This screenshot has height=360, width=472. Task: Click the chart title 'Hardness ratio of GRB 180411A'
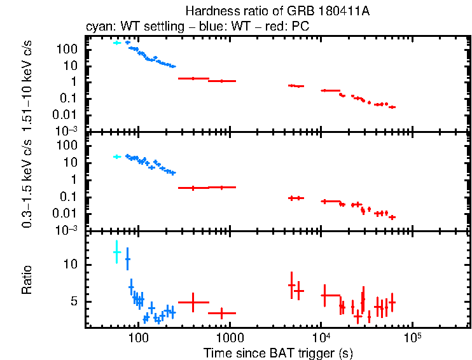pos(277,11)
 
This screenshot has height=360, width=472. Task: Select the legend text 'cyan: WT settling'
pos(127,27)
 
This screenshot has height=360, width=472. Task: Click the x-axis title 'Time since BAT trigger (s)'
pos(277,352)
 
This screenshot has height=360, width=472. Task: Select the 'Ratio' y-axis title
pos(27,279)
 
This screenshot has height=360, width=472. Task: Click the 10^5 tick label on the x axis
pos(412,335)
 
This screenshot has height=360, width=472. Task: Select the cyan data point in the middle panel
pos(116,156)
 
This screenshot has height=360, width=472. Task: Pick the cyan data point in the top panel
pos(116,43)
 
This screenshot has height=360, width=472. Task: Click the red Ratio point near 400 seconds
pos(193,302)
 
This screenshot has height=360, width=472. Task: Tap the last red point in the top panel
pos(392,107)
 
